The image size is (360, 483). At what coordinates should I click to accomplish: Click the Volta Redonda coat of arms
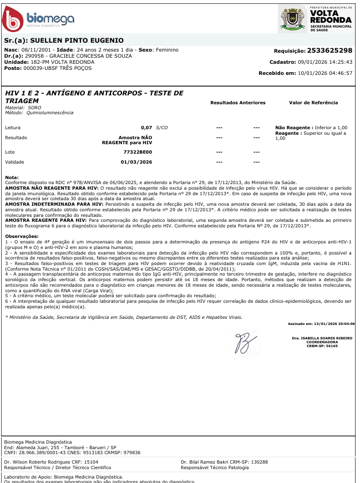coord(292,19)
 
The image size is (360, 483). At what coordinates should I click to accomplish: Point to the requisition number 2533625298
coord(329,50)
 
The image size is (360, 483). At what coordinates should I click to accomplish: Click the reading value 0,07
coord(146,128)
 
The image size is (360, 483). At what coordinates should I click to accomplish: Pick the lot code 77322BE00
coord(138,151)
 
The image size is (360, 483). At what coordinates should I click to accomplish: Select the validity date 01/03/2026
coord(136,162)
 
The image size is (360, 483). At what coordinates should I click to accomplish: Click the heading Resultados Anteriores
coord(238,103)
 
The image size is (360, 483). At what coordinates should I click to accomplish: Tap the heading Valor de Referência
coord(313,103)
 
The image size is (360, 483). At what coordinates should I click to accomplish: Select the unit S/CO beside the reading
coord(162,128)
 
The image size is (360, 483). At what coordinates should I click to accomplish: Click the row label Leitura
coord(12,128)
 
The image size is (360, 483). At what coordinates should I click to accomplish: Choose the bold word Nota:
coord(12,177)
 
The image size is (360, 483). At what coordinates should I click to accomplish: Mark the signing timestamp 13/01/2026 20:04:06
coord(337,323)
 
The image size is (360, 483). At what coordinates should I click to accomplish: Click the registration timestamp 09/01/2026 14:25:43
coord(326,62)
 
